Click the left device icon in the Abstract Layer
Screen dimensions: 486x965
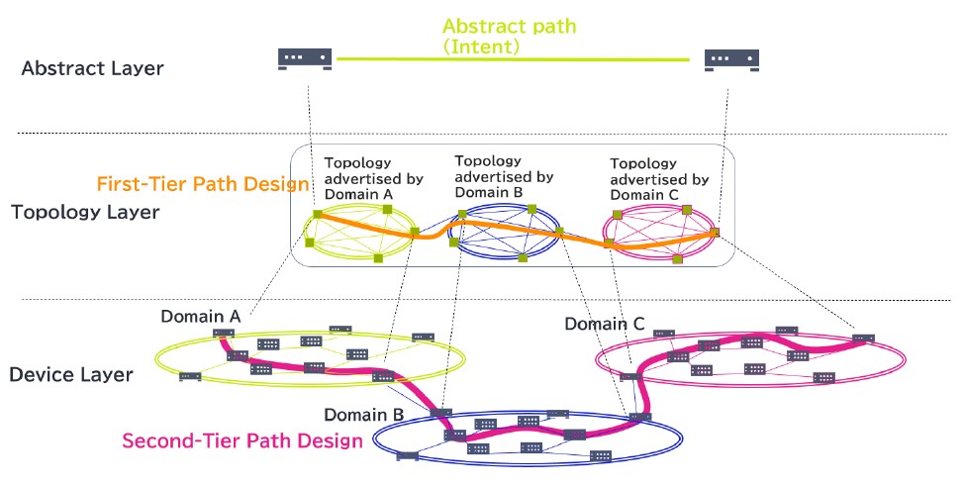coord(305,59)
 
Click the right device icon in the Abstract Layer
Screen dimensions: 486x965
coord(731,59)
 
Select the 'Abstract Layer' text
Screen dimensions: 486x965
coord(92,68)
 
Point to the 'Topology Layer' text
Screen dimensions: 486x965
coord(84,212)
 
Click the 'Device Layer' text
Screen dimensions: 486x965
coord(71,374)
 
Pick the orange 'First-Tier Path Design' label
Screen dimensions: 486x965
coord(203,183)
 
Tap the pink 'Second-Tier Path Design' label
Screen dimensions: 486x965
coord(242,440)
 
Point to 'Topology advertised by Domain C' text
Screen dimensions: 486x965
coord(659,179)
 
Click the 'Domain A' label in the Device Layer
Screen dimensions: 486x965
coord(201,316)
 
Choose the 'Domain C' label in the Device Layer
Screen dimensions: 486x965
coord(605,324)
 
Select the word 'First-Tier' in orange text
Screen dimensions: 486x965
coord(137,183)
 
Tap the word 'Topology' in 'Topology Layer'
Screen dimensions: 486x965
coord(53,212)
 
